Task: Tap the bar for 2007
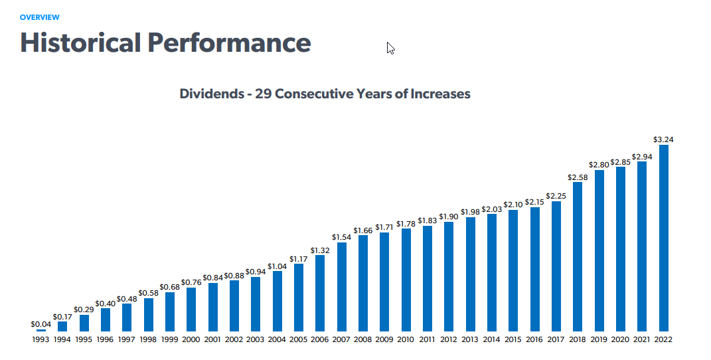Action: pos(341,286)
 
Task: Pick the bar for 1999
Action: pos(170,312)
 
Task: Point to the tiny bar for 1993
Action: pos(41,330)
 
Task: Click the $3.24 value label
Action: pos(663,139)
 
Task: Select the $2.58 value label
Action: pos(578,177)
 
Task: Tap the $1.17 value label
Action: pos(299,258)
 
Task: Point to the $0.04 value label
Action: pos(41,324)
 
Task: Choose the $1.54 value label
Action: pos(341,236)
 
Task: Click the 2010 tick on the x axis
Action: pos(406,339)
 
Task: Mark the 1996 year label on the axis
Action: pos(106,339)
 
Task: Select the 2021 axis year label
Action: pos(642,339)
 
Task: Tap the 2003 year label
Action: pos(256,339)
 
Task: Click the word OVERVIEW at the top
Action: pos(40,17)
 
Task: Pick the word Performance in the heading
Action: pos(229,43)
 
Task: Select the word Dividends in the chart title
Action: pos(212,94)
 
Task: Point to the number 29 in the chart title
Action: pos(264,94)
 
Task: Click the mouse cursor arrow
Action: pos(390,48)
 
